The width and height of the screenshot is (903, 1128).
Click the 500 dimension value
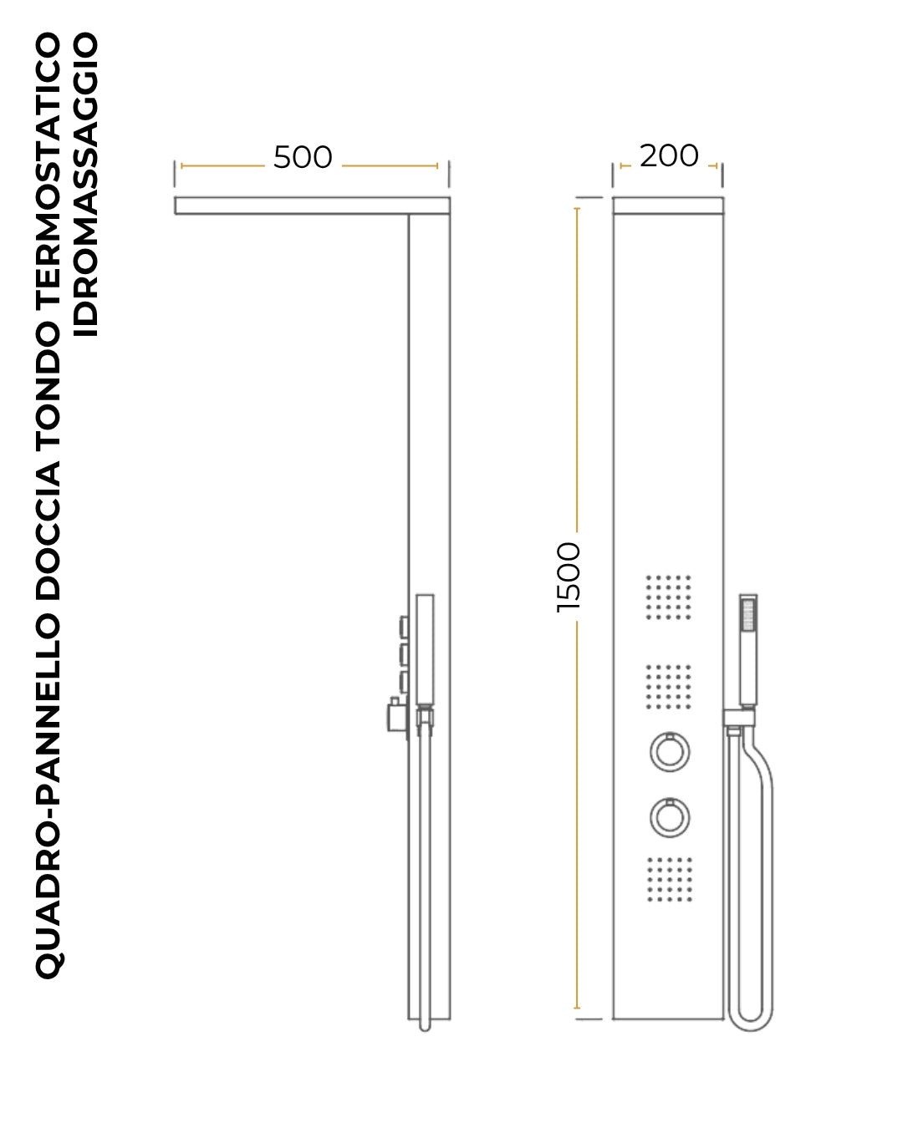pos(303,157)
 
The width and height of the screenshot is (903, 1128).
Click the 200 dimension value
pos(668,155)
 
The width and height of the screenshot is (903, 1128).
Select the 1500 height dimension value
pos(569,577)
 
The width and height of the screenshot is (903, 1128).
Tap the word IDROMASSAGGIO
pos(85,185)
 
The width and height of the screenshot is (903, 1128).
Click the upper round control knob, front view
pos(670,752)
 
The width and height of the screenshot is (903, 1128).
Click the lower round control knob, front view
pos(670,817)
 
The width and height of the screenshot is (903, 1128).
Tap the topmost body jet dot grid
pos(668,597)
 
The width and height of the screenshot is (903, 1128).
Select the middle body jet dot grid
pos(668,687)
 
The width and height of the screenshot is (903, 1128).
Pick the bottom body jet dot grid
pos(670,880)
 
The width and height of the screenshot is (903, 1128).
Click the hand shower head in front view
pos(748,650)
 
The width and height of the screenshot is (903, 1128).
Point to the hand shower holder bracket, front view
pos(739,718)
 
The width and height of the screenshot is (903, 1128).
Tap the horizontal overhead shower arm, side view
pos(312,206)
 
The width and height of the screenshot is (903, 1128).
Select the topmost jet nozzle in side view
pos(404,626)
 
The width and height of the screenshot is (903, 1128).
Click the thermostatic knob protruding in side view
pos(397,717)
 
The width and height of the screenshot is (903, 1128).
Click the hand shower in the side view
pos(425,650)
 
